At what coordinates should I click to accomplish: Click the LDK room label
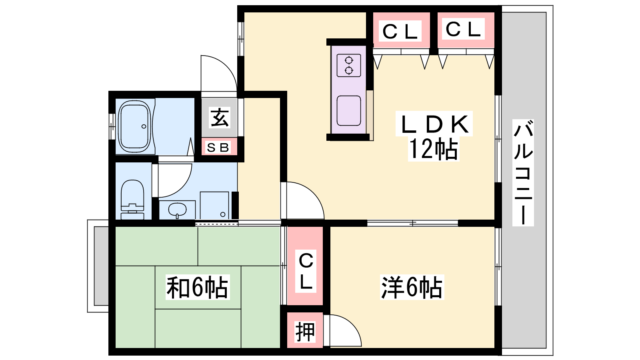pos(434,124)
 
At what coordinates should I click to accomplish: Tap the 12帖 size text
pos(434,149)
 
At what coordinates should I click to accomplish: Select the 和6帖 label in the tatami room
pos(198,287)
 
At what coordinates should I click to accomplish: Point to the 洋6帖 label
pos(412,287)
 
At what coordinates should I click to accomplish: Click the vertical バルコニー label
pos(523,173)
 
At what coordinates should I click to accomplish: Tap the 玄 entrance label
pos(220,118)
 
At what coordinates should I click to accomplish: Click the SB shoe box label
pos(218,148)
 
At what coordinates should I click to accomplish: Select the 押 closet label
pos(305,332)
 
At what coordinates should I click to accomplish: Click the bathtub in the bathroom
pos(134,126)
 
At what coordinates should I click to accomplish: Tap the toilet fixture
pos(132,200)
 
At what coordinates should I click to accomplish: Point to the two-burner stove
pos(348,66)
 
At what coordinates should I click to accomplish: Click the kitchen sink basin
pos(348,110)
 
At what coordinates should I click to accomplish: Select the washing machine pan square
pos(214,206)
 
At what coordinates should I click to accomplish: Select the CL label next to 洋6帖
pos(306,271)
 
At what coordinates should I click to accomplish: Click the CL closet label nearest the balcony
pos(463,29)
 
